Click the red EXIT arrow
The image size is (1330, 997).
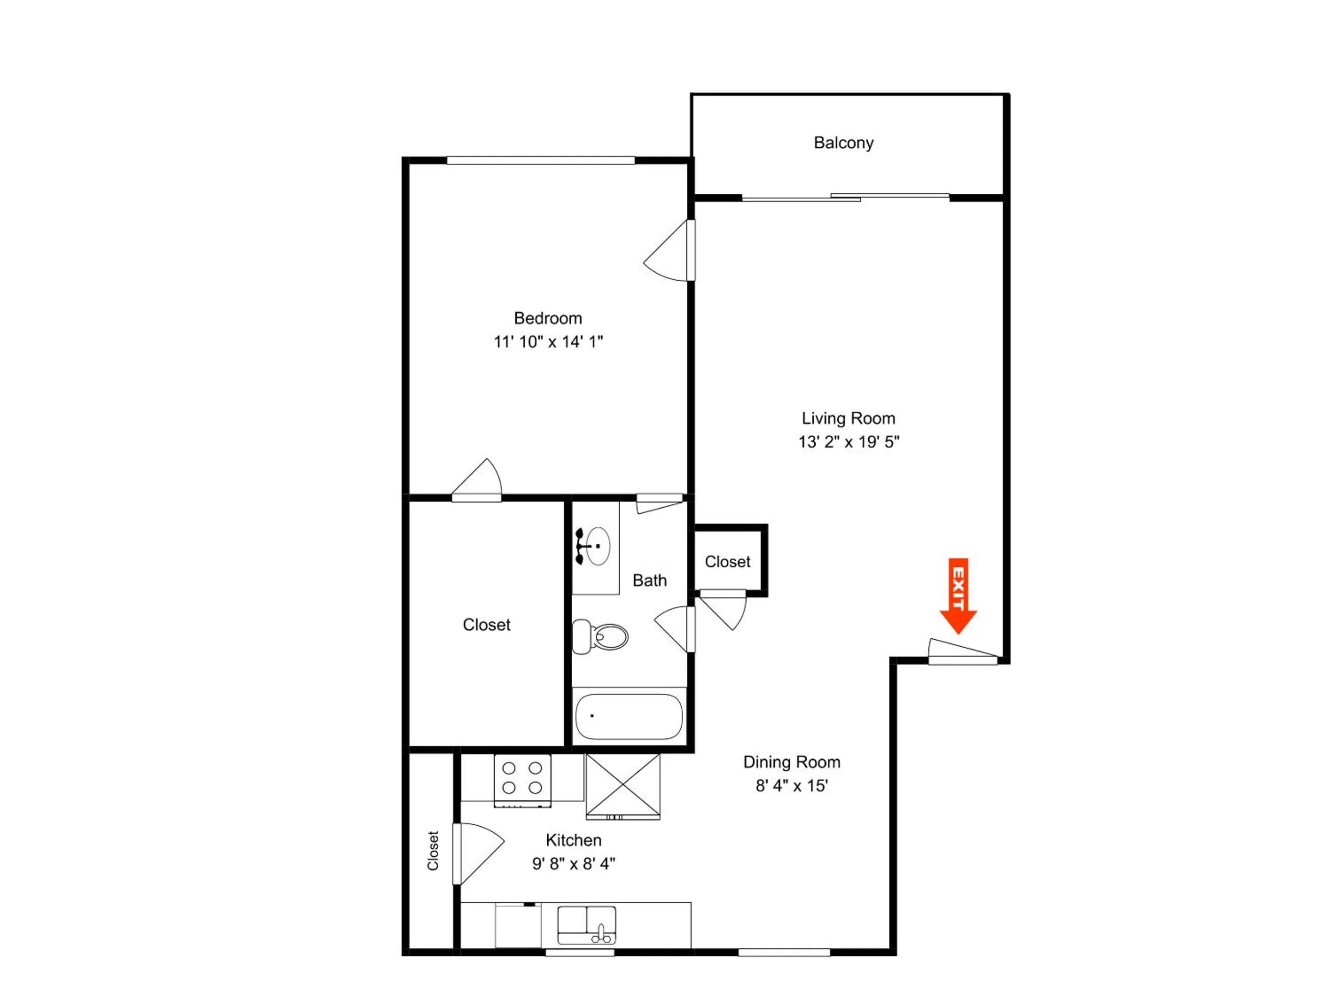(958, 595)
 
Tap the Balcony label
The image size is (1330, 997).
(844, 143)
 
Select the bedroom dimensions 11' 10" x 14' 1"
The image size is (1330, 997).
(548, 342)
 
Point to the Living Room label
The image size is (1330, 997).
(848, 418)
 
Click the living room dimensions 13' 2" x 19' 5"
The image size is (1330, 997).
(848, 442)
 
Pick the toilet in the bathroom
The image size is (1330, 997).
(600, 637)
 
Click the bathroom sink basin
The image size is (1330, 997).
(597, 546)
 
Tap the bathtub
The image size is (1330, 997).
(629, 716)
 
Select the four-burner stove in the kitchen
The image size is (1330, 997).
(522, 781)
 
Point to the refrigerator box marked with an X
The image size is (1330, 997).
(623, 787)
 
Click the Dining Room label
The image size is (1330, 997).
(792, 763)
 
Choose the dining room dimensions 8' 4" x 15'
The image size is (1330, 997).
(792, 786)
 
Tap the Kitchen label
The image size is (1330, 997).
(574, 840)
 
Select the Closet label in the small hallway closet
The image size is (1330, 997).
(727, 562)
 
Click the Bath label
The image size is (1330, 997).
(650, 581)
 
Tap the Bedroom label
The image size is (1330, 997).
(548, 318)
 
